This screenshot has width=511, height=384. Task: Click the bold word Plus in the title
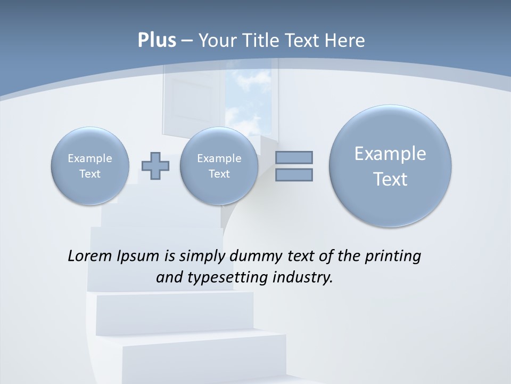click(156, 41)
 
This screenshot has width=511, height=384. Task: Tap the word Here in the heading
click(347, 41)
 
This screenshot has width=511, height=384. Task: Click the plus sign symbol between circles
click(155, 166)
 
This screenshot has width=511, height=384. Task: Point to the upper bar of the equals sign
click(294, 157)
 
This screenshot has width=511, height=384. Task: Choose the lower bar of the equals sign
click(294, 175)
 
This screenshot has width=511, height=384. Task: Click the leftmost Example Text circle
click(90, 166)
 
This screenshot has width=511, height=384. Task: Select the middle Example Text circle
click(219, 166)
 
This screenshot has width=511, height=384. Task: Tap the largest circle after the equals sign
click(390, 166)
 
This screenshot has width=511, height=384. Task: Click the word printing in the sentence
click(393, 257)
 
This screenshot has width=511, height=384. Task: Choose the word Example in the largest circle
click(390, 154)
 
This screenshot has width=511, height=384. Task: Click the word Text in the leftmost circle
click(90, 174)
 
